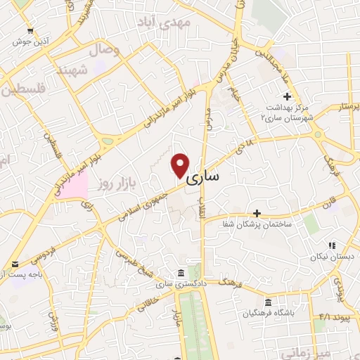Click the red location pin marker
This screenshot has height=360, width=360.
coord(180,165)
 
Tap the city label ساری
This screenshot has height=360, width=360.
coord(203,179)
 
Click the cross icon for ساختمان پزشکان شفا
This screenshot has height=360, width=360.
coord(257,212)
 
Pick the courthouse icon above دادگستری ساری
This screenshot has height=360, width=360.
coord(181,273)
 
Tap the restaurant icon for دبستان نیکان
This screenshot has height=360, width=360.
coord(330,246)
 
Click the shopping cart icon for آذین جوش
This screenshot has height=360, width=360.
coord(29,30)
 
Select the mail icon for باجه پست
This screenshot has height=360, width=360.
coord(15,264)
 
